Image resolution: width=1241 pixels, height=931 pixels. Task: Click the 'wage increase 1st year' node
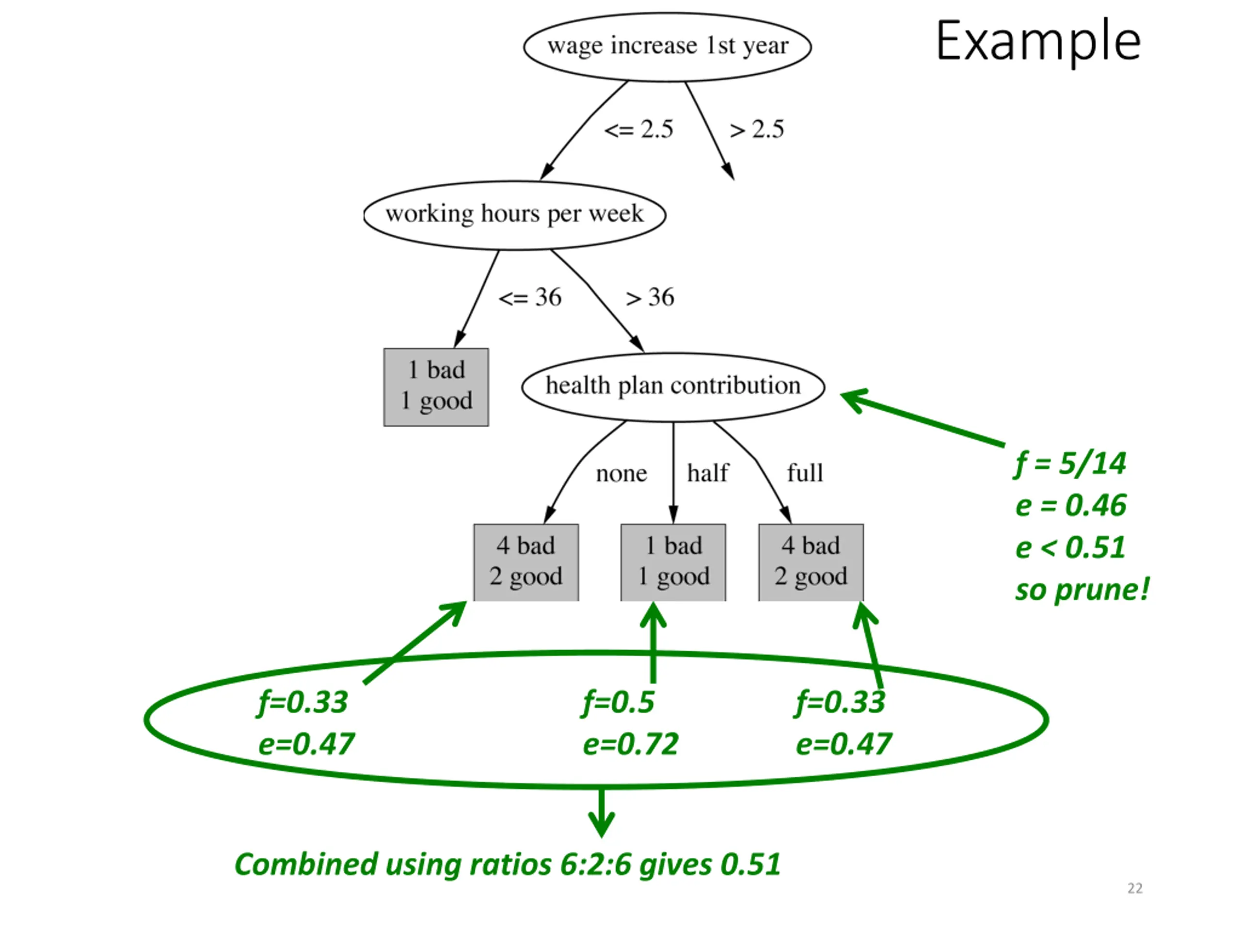pos(667,47)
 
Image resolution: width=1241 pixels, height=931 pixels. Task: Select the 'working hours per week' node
pos(514,215)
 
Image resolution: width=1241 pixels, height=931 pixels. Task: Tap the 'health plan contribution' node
pos(673,386)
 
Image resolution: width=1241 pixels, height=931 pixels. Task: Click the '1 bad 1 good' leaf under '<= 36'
pos(436,386)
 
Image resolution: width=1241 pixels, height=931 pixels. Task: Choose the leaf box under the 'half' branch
pos(673,562)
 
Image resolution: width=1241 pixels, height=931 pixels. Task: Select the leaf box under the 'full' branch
pos(811,562)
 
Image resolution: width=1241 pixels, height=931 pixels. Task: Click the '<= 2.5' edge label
pos(638,129)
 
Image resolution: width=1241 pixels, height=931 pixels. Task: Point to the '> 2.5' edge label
pos(756,129)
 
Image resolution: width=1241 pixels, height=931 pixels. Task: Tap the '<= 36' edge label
pos(530,297)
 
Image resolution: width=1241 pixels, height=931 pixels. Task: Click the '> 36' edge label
pos(650,297)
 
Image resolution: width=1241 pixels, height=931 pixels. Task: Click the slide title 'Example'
pos(1038,40)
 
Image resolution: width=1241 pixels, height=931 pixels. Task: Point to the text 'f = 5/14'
pos(1069,464)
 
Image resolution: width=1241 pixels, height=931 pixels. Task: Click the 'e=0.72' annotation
pos(630,744)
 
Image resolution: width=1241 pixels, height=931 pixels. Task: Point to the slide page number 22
pos(1135,888)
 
